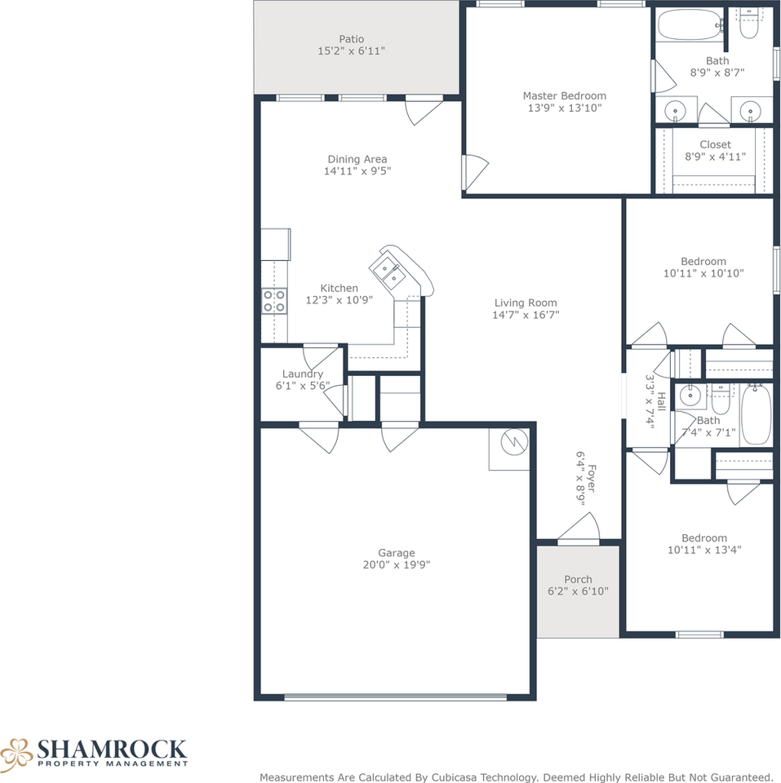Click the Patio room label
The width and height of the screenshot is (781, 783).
[x=351, y=39]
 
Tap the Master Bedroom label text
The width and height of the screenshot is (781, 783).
[x=564, y=95]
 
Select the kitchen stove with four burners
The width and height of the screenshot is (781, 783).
[x=274, y=301]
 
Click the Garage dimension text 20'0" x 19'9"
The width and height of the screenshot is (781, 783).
[x=396, y=564]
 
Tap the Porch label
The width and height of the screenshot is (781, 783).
[x=578, y=580]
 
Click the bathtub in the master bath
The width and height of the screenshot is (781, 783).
[x=690, y=25]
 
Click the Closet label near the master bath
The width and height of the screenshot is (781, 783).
[x=715, y=145]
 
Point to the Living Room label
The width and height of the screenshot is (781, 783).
[x=525, y=303]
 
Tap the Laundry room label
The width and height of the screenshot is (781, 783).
[x=303, y=374]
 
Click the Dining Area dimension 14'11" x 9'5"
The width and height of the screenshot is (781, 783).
[x=357, y=171]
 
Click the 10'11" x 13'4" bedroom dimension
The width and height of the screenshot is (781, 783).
[x=704, y=550]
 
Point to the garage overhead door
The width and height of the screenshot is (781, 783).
[x=395, y=697]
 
